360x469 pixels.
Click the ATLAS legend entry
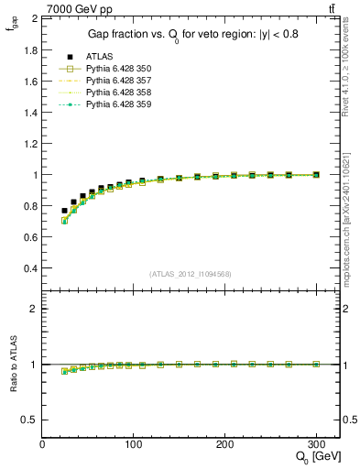98,57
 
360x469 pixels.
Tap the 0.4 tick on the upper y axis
30,268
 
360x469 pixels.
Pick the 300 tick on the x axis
316,444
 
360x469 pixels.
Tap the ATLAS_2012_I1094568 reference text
191,274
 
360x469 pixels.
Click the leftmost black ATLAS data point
64,211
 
